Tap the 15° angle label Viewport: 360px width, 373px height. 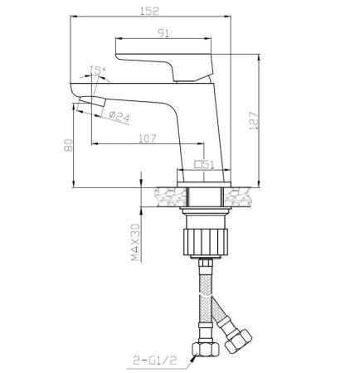coord(99,72)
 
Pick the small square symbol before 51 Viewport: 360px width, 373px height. coord(197,164)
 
